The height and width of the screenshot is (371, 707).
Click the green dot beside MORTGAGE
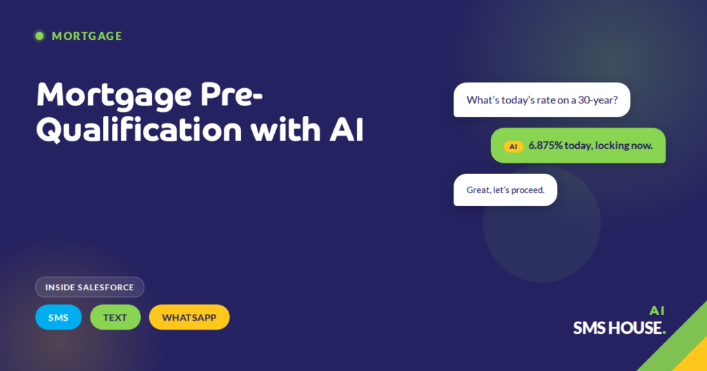click(39, 36)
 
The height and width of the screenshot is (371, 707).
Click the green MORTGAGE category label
click(87, 36)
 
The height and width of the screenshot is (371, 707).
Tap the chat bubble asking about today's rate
click(541, 100)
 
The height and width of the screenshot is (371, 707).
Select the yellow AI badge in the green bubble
click(513, 146)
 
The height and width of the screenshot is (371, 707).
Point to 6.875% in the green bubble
click(545, 146)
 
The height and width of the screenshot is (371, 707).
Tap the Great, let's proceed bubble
click(505, 190)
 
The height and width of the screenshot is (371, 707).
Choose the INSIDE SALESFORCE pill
click(90, 287)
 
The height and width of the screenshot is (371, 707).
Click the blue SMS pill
click(59, 317)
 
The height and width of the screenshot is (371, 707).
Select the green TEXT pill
click(115, 317)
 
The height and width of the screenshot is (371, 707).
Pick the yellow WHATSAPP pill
click(189, 317)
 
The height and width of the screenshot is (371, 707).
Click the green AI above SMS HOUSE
click(657, 310)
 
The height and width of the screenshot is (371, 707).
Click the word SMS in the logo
click(589, 328)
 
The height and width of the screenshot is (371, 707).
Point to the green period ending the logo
click(664, 333)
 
